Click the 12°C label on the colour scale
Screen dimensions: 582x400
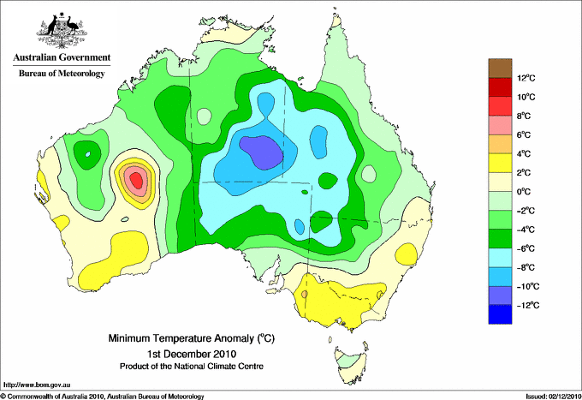pos(526,78)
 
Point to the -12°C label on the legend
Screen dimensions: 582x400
pos(528,305)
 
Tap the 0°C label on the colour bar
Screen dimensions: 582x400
pos(524,192)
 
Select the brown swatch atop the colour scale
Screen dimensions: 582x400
pos(500,69)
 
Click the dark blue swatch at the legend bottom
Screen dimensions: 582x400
pos(500,314)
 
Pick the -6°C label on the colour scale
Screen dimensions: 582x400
pos(526,248)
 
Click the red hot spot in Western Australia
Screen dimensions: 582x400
pos(137,181)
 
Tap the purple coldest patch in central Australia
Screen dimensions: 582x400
pos(262,152)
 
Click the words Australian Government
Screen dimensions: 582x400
pos(62,57)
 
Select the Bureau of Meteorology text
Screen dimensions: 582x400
pos(62,73)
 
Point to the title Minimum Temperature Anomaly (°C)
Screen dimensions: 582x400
pos(192,338)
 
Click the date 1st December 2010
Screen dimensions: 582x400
pos(192,353)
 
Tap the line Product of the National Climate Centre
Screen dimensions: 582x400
pos(192,367)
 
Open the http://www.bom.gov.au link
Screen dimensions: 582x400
pos(36,385)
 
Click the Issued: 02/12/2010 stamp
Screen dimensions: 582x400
pos(553,397)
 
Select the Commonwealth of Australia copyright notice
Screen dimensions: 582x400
pos(103,397)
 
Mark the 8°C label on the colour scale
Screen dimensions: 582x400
pos(524,116)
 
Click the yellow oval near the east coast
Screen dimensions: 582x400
pos(407,254)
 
